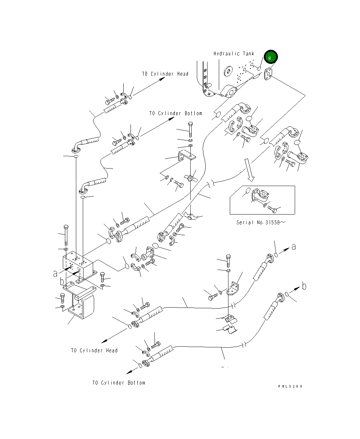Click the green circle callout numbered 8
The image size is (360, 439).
[x=270, y=58]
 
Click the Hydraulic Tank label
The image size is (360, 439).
[x=234, y=54]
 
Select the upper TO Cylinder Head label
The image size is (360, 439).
[x=165, y=74]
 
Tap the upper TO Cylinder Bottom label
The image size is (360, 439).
[x=176, y=113]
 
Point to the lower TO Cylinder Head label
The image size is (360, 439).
[x=94, y=350]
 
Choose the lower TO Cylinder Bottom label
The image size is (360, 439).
[x=119, y=383]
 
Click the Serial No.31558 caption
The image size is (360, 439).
[x=260, y=222]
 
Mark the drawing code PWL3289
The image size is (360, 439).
[x=290, y=386]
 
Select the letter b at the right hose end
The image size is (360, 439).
[x=304, y=286]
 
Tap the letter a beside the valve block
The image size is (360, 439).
[x=56, y=273]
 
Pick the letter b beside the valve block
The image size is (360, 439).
[x=62, y=282]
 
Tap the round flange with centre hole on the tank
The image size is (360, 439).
[x=228, y=72]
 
